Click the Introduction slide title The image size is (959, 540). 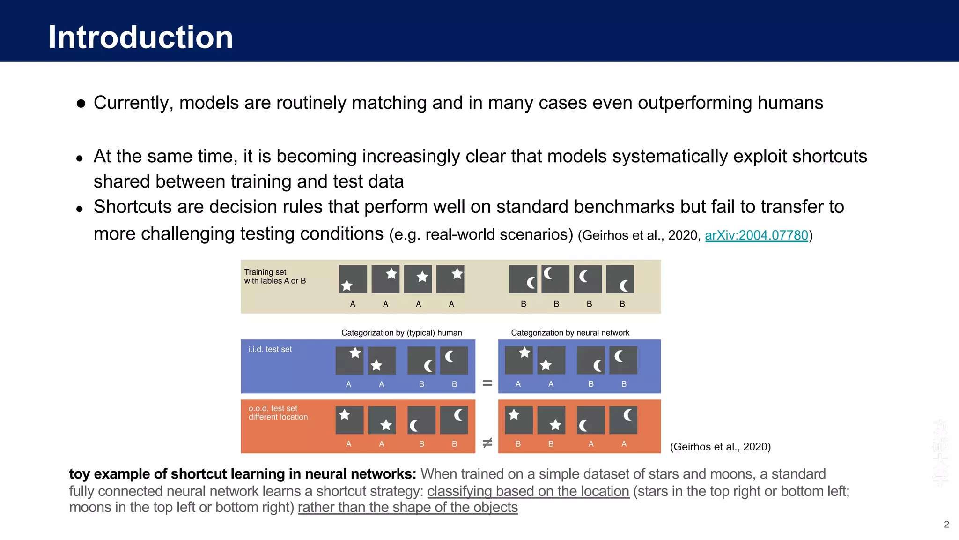point(140,37)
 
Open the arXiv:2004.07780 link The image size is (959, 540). point(756,235)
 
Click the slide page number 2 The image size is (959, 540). point(946,525)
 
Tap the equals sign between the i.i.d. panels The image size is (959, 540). point(487,383)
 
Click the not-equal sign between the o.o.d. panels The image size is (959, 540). point(487,442)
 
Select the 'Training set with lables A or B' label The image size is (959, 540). point(275,277)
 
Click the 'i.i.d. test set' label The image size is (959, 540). point(270,349)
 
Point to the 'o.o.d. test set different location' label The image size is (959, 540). point(278,412)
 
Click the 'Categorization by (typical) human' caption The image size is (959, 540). point(401,333)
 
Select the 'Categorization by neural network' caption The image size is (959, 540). point(570,333)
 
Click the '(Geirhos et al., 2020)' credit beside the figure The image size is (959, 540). point(720,447)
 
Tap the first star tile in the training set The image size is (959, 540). point(353,279)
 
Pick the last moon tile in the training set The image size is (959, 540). point(620,279)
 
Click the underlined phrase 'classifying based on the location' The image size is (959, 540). point(528,491)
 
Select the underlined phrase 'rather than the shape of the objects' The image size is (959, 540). point(407,508)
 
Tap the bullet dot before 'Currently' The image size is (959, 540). point(81,104)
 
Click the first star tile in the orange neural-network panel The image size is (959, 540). point(518,420)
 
